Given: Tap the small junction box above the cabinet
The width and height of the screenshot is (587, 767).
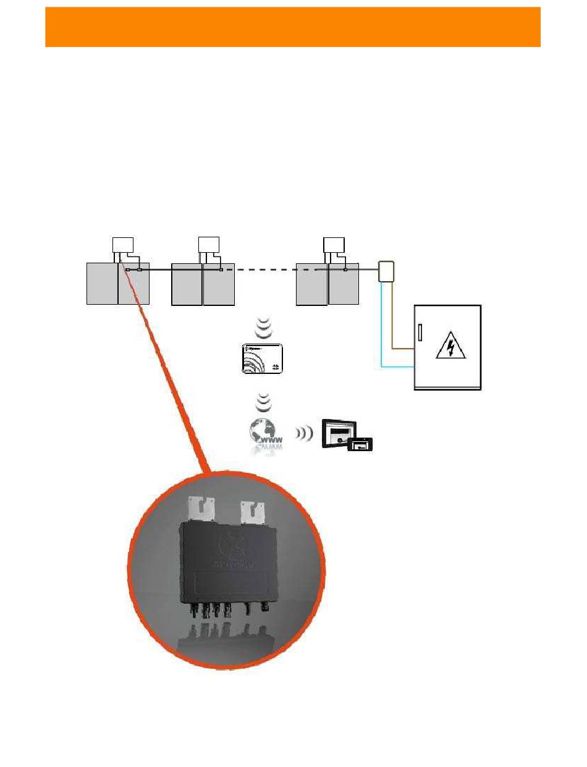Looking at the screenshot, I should (387, 271).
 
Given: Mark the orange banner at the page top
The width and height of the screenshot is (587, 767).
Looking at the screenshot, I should (293, 27).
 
